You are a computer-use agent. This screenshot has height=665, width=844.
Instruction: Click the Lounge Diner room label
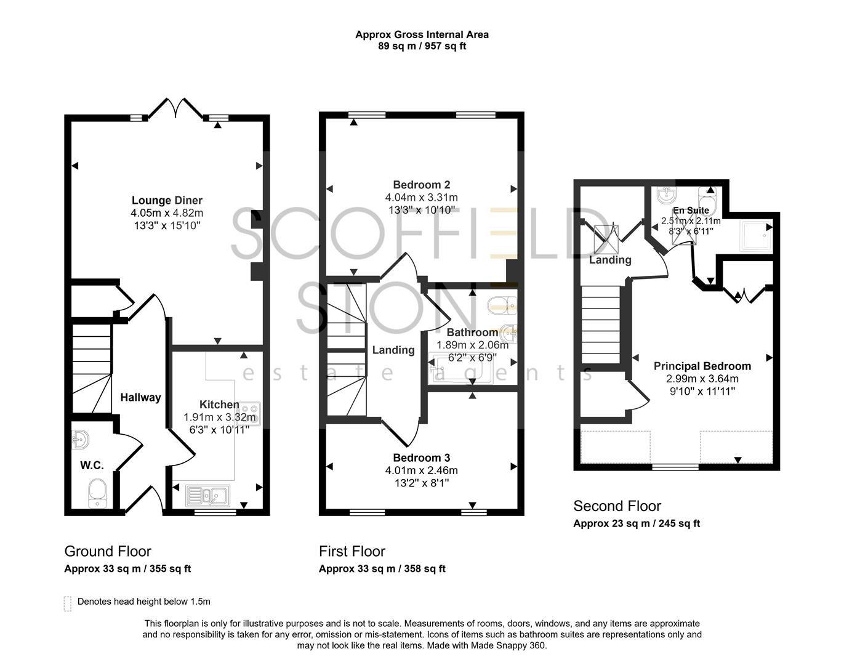click(167, 200)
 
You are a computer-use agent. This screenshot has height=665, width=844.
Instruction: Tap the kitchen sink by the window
click(208, 494)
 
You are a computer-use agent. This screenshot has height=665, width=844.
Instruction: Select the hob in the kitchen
click(249, 413)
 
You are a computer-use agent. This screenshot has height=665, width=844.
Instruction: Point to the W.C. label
click(92, 465)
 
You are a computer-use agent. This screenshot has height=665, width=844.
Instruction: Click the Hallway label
click(140, 398)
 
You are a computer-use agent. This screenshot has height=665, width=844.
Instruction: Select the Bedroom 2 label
click(422, 185)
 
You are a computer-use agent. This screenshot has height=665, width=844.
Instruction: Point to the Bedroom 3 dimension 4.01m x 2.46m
click(422, 470)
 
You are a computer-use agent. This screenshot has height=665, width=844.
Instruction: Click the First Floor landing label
click(393, 350)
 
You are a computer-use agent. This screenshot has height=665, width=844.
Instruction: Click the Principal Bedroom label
click(702, 366)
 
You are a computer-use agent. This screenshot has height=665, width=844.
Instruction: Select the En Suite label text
click(691, 211)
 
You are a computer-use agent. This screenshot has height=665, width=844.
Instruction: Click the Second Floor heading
click(617, 506)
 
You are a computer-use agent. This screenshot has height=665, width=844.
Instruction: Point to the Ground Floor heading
click(108, 551)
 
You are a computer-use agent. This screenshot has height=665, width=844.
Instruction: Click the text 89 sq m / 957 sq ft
click(422, 46)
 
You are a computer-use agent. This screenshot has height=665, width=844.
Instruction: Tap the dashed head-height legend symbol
click(68, 603)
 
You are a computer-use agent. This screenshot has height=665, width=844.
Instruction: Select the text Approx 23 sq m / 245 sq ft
click(637, 524)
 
